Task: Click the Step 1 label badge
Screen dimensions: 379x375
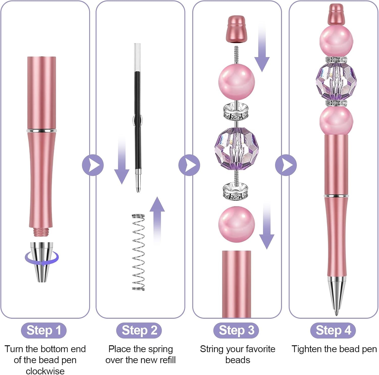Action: point(44,330)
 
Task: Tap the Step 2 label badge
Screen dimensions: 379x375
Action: point(139,330)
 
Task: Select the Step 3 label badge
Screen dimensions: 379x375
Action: point(236,330)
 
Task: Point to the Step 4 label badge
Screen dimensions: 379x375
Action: point(333,330)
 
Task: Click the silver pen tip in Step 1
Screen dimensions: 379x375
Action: point(42,262)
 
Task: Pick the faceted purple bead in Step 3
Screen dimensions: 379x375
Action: point(236,148)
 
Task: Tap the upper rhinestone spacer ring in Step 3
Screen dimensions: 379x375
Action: point(236,111)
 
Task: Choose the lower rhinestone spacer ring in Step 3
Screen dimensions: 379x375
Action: point(236,191)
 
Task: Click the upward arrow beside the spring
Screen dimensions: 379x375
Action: point(157,221)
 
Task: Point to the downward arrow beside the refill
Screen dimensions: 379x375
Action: point(122,160)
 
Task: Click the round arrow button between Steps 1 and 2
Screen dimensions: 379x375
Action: point(93,165)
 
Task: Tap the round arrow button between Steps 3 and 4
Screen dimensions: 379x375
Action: point(286,165)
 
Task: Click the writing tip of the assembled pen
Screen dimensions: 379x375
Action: point(336,315)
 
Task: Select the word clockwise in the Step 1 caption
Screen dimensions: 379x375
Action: point(45,371)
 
